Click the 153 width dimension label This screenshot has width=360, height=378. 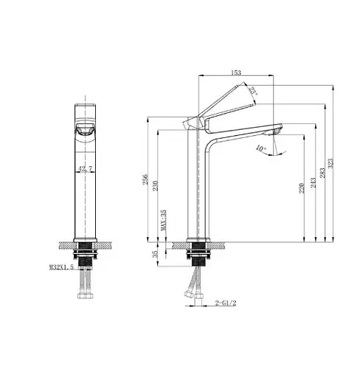coord(235,72)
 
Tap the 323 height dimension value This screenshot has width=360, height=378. coord(331,163)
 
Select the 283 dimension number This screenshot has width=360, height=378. coord(322,173)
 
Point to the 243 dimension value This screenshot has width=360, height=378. coord(313,182)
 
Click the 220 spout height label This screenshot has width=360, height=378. coord(302,188)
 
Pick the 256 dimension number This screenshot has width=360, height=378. coord(145,179)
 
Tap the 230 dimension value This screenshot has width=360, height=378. coord(156,186)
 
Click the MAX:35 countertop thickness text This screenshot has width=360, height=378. coord(164,220)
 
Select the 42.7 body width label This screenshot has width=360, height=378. coord(85,168)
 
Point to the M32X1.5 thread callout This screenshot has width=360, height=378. coord(61,267)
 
